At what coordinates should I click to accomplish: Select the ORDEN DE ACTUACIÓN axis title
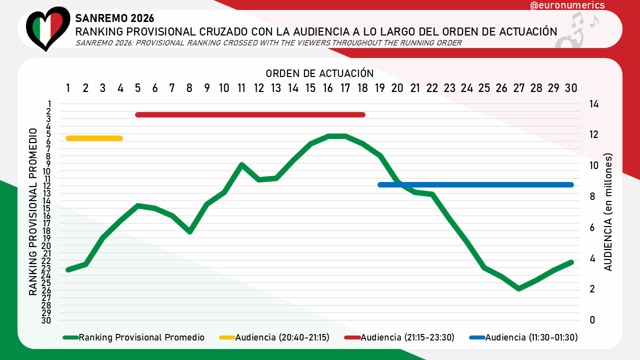[x=319, y=73]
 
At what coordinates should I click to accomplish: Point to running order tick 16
[x=328, y=88]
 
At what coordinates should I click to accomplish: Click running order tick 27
[x=518, y=88]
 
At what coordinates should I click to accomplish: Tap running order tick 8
[x=189, y=88]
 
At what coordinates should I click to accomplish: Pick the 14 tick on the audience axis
[x=593, y=104]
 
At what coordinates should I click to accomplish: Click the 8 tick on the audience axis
[x=593, y=196]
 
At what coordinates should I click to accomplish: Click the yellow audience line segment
[x=94, y=138]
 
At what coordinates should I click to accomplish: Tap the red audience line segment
[x=250, y=115]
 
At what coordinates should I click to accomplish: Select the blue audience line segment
[x=475, y=184]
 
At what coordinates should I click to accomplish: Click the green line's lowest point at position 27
[x=519, y=288]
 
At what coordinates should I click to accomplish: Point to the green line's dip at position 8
[x=189, y=231]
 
